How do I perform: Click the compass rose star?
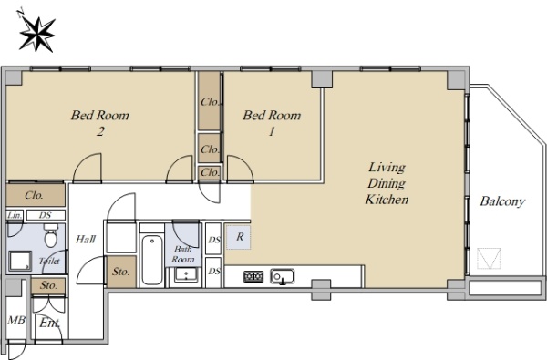tap(37, 35)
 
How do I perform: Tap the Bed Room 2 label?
tap(100, 123)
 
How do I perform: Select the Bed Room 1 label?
tap(272, 123)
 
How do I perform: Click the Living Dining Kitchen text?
tap(387, 183)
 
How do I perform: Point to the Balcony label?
tap(502, 201)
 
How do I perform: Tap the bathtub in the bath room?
tap(152, 260)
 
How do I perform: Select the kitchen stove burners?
tap(253, 277)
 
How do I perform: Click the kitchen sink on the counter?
tap(283, 277)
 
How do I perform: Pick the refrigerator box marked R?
tap(239, 237)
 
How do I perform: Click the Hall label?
tap(86, 240)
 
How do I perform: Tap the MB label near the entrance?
tap(16, 320)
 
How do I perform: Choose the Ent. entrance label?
tap(49, 323)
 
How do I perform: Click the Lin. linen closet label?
tap(15, 215)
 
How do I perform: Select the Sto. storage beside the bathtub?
tap(120, 272)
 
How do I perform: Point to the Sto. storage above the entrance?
tap(48, 285)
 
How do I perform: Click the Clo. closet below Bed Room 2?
tap(36, 195)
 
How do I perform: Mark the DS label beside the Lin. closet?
tap(46, 215)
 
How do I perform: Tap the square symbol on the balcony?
tap(489, 259)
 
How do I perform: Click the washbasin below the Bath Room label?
tap(186, 274)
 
